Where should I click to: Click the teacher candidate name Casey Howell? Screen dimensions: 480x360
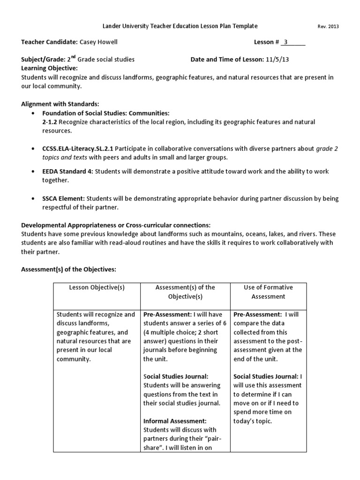tap(98, 42)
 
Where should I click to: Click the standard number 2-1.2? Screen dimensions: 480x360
tap(50, 122)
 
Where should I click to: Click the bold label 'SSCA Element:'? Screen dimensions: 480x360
tap(64, 199)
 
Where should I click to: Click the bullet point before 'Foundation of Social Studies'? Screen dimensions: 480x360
tap(32, 113)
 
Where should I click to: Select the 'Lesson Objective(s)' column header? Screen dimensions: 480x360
tap(97, 287)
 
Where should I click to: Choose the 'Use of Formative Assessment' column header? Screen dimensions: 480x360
tap(268, 292)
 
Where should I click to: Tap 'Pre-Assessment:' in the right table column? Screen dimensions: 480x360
tap(255, 315)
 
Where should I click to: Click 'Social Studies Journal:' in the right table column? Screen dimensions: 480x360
tap(265, 376)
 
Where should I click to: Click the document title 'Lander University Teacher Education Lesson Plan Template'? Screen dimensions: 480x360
tap(180, 26)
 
